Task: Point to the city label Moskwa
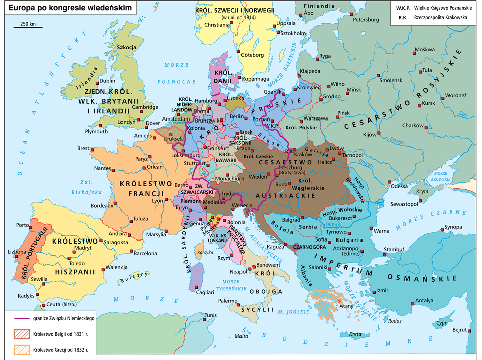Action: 425,49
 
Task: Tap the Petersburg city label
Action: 366,20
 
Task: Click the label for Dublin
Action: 108,80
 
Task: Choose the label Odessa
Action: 400,186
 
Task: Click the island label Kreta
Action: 355,334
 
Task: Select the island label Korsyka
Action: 201,252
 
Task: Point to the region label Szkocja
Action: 127,47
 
